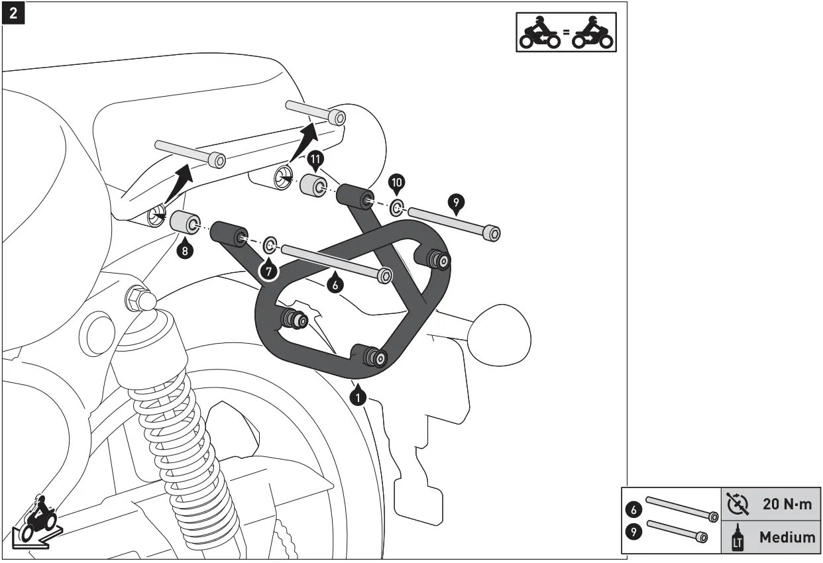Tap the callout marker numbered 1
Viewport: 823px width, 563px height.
click(x=358, y=397)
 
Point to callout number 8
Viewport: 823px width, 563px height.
click(x=186, y=250)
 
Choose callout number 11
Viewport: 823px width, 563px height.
click(x=315, y=159)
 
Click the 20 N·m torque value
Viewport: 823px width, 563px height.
click(x=787, y=504)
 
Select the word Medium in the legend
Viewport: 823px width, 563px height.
click(x=787, y=537)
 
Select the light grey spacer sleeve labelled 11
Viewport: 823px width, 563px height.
click(x=311, y=185)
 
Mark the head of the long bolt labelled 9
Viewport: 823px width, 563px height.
click(x=491, y=233)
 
